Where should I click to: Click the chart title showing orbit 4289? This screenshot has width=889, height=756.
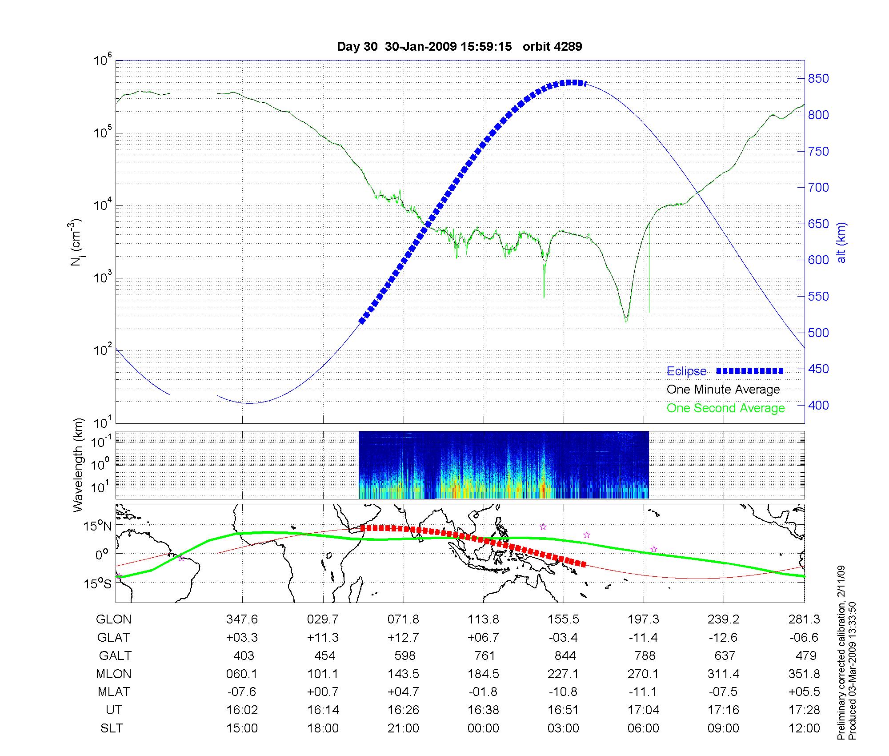tap(460, 47)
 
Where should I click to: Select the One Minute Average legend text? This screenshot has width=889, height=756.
tap(723, 390)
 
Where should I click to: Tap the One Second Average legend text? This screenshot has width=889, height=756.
tap(725, 408)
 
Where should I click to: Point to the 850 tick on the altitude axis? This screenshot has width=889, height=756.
tap(818, 79)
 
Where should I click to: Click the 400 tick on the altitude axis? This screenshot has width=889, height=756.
tap(818, 405)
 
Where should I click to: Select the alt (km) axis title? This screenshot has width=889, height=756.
tap(841, 242)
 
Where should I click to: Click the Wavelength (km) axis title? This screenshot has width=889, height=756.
tap(78, 465)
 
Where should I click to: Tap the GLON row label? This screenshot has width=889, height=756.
tap(114, 619)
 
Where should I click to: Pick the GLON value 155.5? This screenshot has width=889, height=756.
tap(564, 619)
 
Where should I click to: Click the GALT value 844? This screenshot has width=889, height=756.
tap(565, 656)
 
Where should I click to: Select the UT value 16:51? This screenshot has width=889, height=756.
tap(564, 710)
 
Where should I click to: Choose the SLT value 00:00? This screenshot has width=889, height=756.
tap(483, 728)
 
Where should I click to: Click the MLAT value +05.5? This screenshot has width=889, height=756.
tap(805, 692)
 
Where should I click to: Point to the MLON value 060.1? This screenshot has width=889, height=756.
tap(242, 674)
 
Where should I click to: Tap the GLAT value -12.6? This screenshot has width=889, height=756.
tap(724, 638)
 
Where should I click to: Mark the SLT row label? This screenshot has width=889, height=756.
tap(112, 728)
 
